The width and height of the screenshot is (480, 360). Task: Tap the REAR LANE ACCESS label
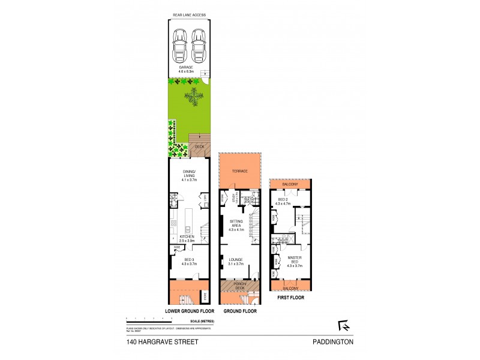click(189, 14)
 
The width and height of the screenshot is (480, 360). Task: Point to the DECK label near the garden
click(199, 146)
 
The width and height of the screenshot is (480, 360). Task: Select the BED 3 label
click(189, 261)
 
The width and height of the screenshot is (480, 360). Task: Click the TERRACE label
click(241, 172)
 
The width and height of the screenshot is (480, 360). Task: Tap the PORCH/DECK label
click(239, 287)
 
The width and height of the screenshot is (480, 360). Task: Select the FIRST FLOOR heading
click(291, 296)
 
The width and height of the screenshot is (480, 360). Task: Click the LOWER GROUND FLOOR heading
click(189, 311)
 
